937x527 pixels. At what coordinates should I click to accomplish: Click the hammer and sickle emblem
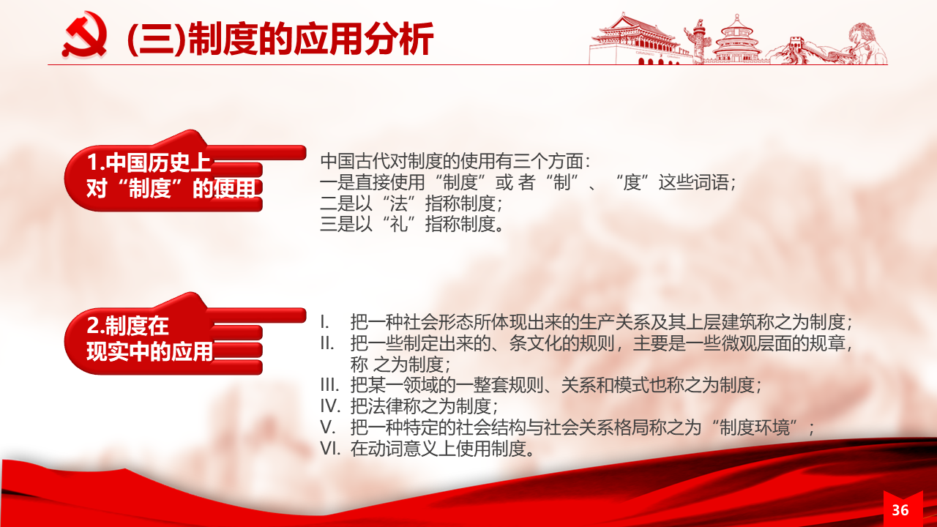click(x=85, y=34)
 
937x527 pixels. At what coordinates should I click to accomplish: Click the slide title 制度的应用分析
click(x=311, y=39)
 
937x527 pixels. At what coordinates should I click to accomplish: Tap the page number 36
click(x=900, y=510)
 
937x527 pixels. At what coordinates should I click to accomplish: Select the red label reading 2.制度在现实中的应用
click(x=149, y=338)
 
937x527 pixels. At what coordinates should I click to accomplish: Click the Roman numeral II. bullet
click(x=326, y=343)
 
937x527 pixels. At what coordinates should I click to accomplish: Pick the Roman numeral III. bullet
click(x=329, y=385)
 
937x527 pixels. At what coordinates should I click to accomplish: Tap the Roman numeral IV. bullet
click(x=330, y=406)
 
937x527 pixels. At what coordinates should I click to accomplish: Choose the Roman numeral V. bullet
click(x=327, y=427)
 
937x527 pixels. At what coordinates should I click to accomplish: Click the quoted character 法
click(x=398, y=203)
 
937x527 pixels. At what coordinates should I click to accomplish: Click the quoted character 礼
click(x=398, y=224)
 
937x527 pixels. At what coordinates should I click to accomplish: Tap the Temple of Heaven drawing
click(x=736, y=39)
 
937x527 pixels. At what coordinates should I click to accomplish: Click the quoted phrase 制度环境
click(x=754, y=427)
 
